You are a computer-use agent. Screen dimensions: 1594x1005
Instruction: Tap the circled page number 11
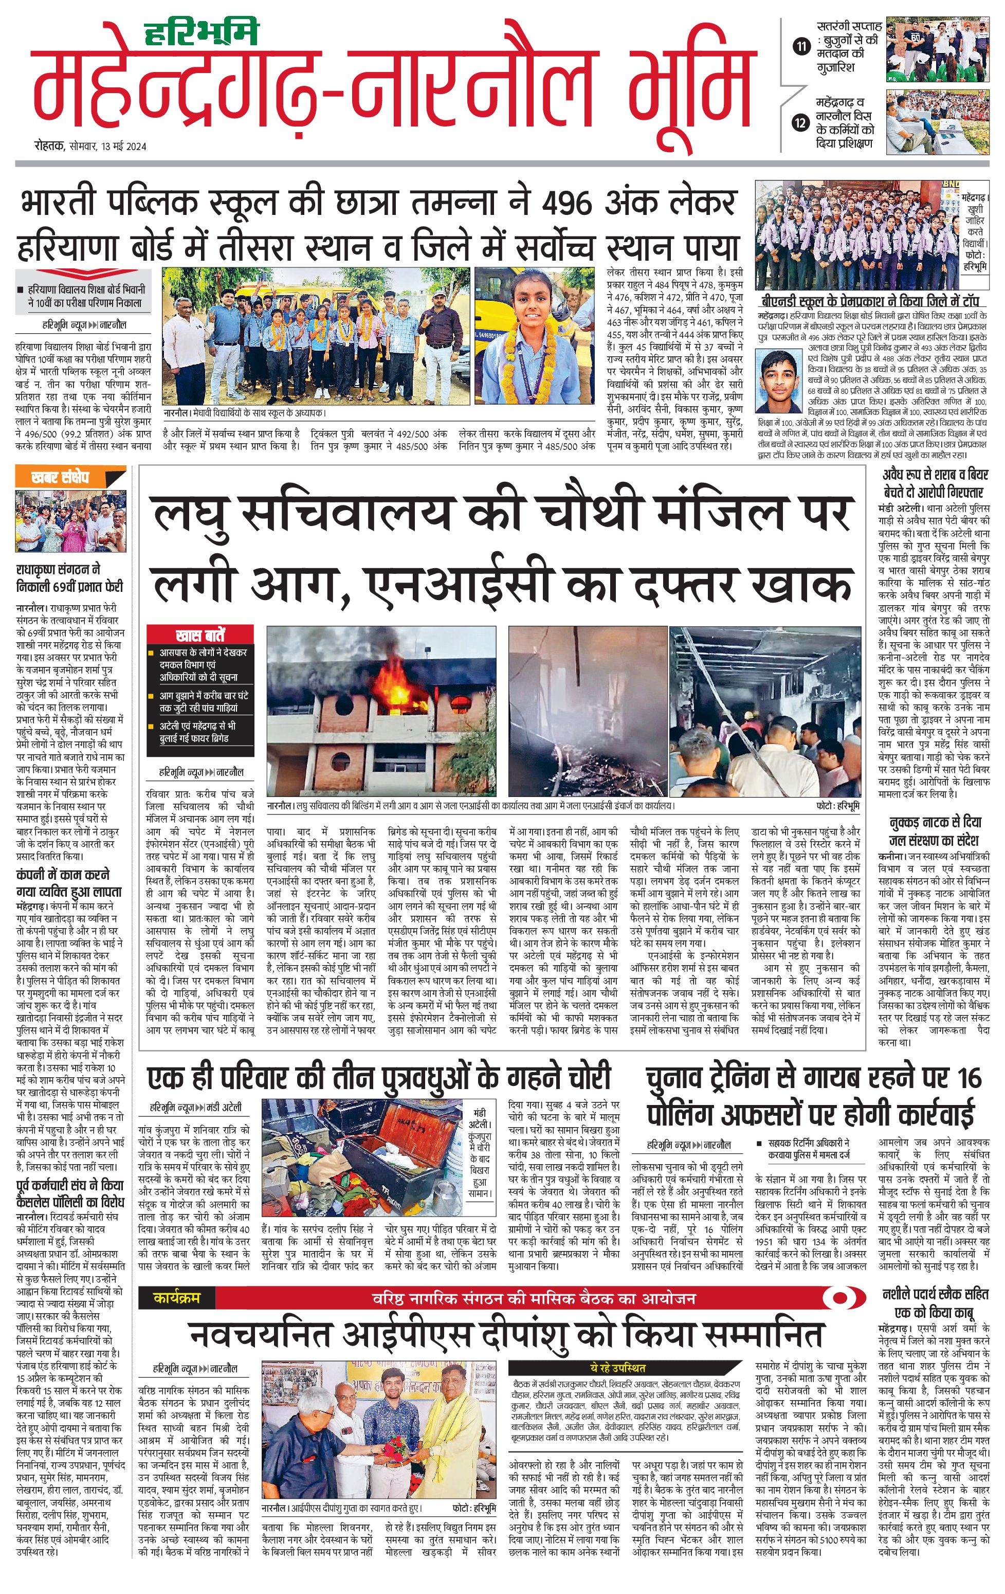tap(801, 46)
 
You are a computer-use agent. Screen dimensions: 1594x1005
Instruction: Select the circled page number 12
tap(801, 122)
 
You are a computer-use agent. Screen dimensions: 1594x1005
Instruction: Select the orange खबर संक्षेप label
tap(60, 477)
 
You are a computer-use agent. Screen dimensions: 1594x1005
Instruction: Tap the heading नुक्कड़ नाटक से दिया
tap(935, 823)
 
